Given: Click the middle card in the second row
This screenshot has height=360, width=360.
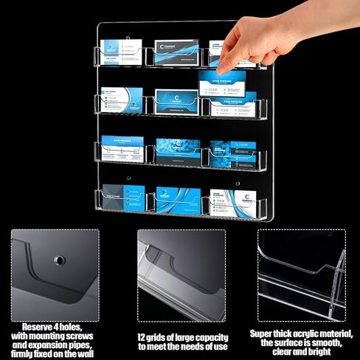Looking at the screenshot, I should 176,100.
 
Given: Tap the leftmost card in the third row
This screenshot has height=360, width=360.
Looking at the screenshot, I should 122,148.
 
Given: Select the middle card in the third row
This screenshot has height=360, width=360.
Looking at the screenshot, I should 176,148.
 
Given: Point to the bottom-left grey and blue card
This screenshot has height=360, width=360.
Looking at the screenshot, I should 122,197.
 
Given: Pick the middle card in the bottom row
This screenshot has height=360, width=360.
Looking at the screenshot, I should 177,198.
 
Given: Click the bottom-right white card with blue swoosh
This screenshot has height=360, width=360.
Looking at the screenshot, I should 231,199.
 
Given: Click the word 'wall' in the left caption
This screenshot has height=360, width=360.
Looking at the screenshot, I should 85,353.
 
